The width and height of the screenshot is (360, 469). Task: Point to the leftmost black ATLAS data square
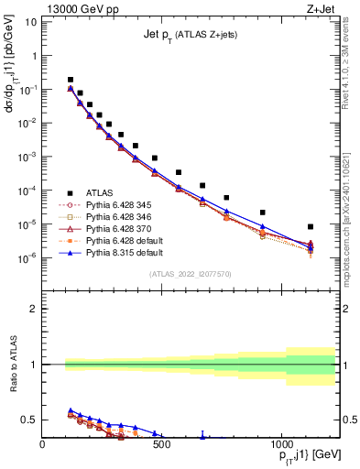(71, 80)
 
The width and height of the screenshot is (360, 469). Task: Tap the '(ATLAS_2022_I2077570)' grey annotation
(189, 274)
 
